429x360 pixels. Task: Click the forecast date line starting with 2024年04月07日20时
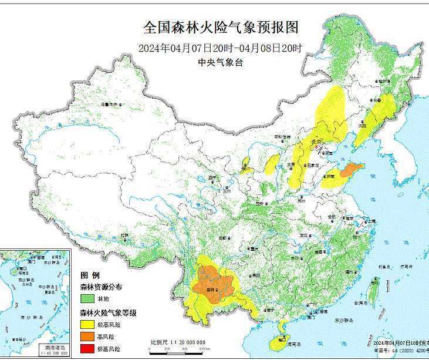tap(221, 48)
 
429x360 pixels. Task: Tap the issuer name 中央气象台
tap(220, 63)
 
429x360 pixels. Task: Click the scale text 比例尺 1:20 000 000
tap(177, 342)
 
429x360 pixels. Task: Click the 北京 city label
tap(317, 142)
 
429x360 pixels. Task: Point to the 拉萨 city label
tap(124, 235)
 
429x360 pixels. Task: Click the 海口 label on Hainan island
tap(282, 339)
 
